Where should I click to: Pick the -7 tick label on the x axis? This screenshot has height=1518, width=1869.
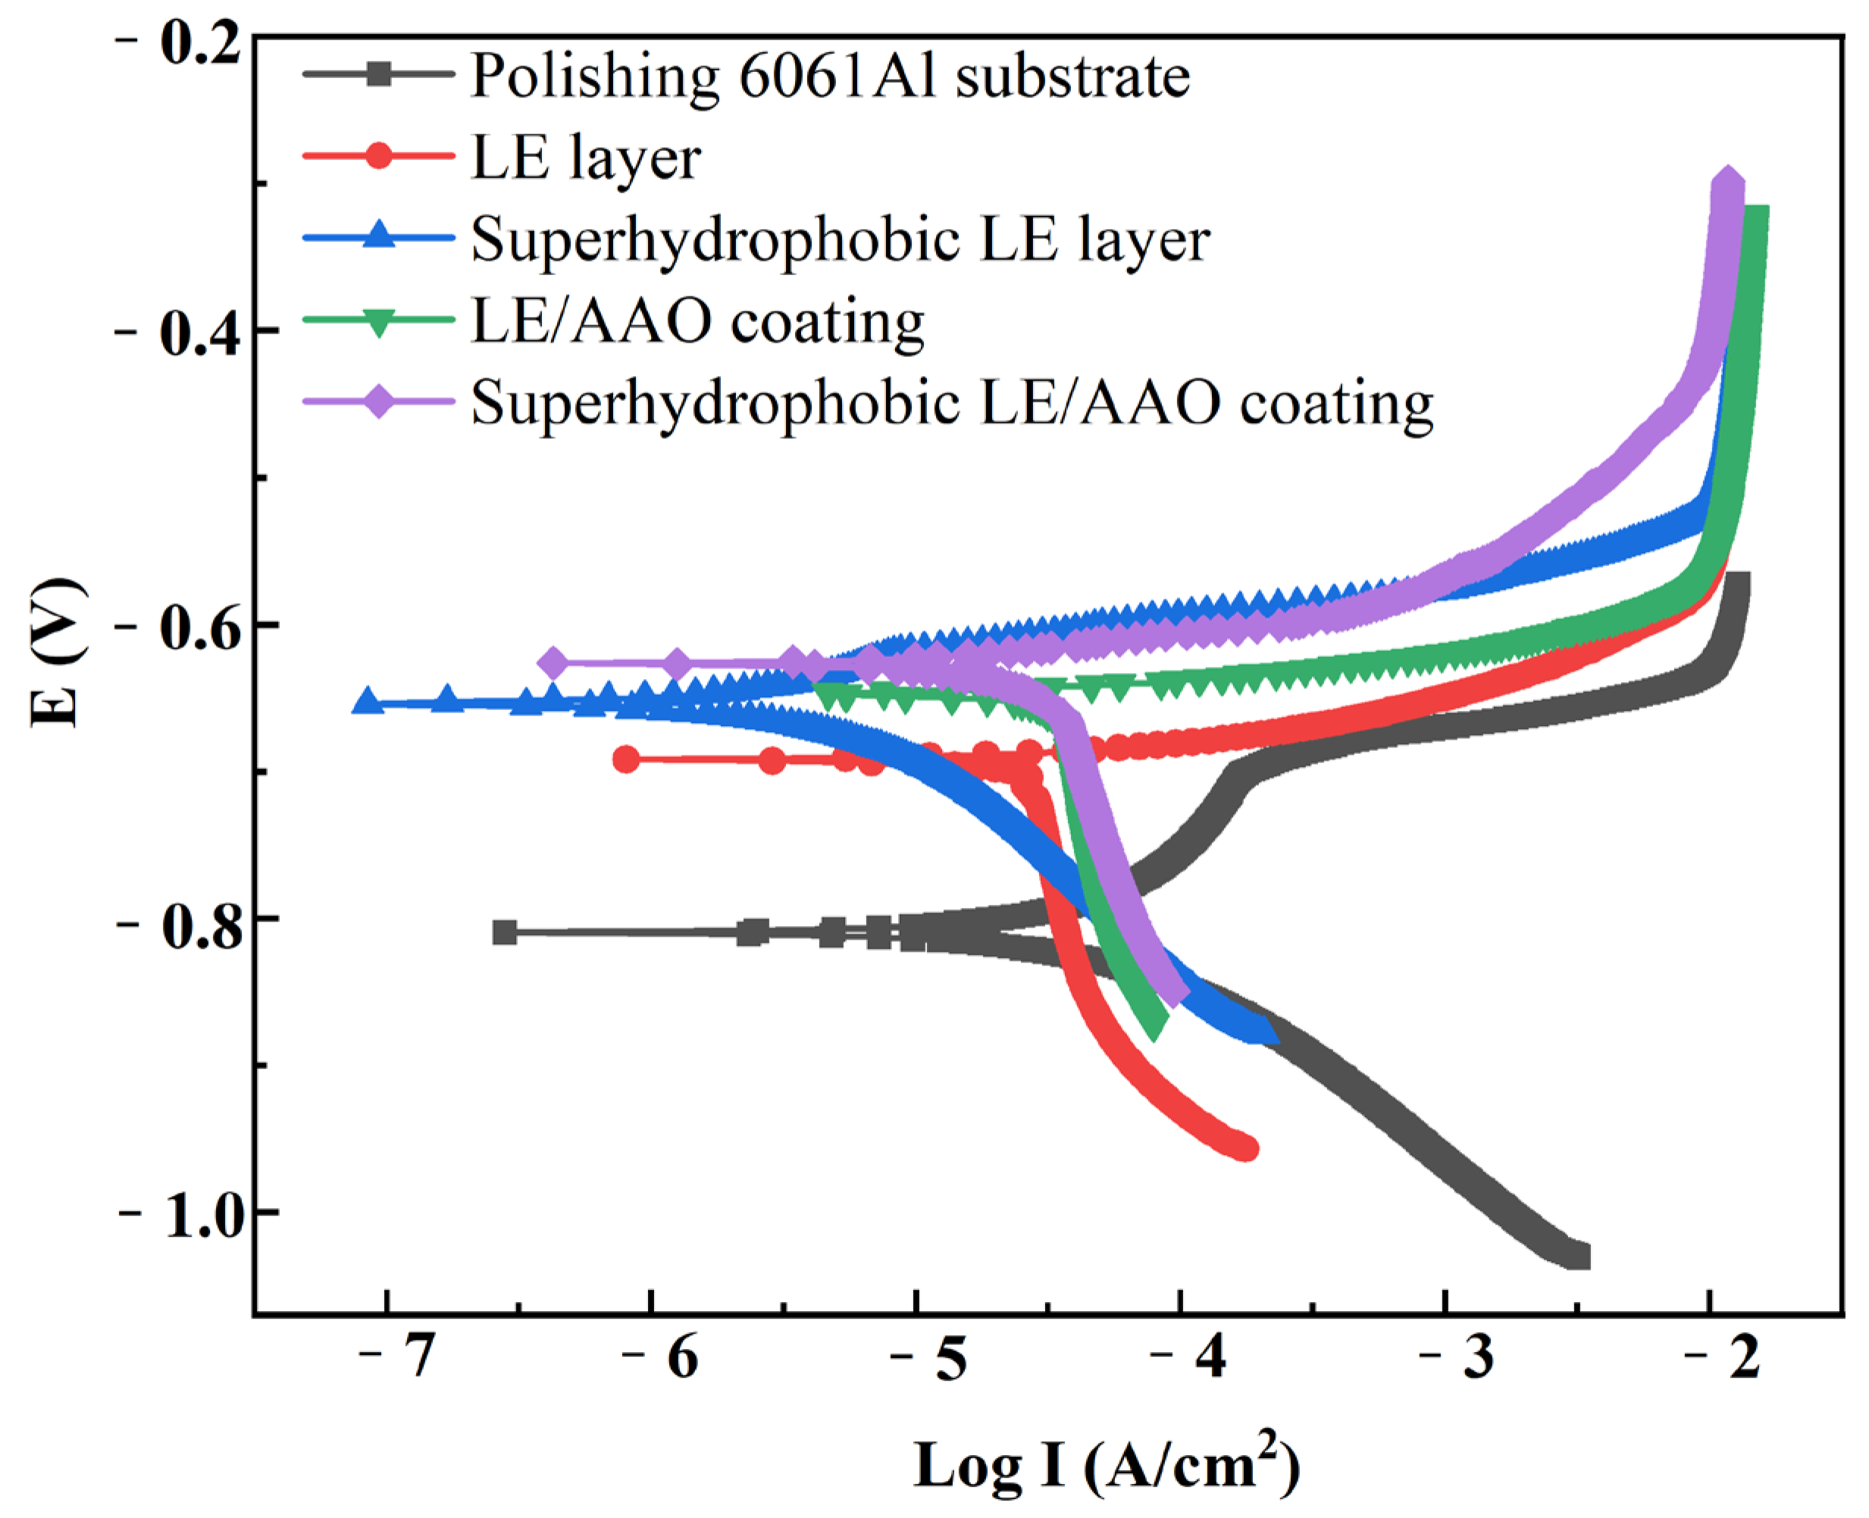(x=398, y=1358)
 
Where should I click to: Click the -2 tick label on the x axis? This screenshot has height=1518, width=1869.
(x=1723, y=1358)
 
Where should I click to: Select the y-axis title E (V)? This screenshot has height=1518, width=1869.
(x=58, y=653)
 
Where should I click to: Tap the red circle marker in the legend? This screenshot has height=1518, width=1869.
(x=379, y=157)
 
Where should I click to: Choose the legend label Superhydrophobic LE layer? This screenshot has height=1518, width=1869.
(x=841, y=239)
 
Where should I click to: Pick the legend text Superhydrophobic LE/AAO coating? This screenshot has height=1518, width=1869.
(x=953, y=404)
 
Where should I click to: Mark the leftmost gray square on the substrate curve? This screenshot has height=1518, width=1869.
(x=505, y=932)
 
